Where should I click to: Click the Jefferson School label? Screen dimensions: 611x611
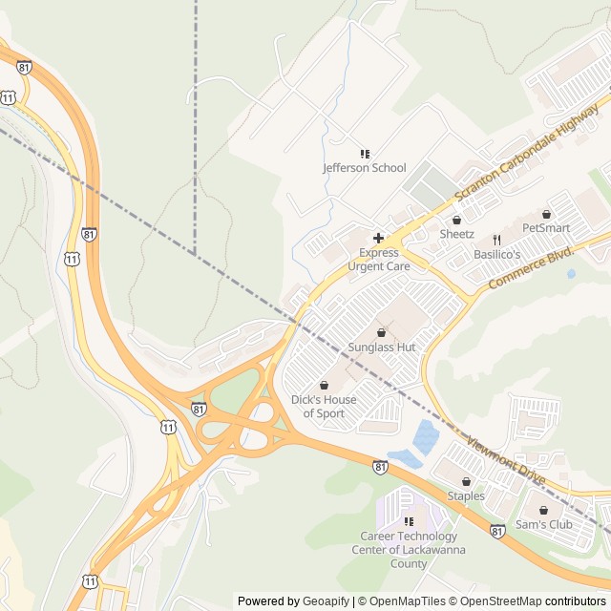click(364, 168)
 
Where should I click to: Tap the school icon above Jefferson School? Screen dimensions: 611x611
click(364, 154)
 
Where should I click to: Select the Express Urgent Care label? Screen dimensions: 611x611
click(378, 260)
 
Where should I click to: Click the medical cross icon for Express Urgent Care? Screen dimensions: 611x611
click(378, 238)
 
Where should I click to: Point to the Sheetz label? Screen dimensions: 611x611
click(456, 234)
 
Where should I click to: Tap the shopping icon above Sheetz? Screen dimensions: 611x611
click(456, 220)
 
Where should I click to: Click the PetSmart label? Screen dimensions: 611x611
click(546, 228)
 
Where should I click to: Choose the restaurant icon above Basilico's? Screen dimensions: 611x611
click(496, 240)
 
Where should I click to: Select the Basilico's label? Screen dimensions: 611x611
click(496, 255)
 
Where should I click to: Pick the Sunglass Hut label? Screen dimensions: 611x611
click(381, 348)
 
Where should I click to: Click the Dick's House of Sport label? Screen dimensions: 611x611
click(324, 407)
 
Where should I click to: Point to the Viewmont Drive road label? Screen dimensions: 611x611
click(505, 460)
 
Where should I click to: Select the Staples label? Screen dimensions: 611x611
click(466, 496)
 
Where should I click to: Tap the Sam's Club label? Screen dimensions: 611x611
click(543, 525)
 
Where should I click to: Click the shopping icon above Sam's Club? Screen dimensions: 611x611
click(543, 511)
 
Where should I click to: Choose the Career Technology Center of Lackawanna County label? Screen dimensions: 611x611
click(409, 550)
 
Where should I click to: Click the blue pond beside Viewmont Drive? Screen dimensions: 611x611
click(425, 438)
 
